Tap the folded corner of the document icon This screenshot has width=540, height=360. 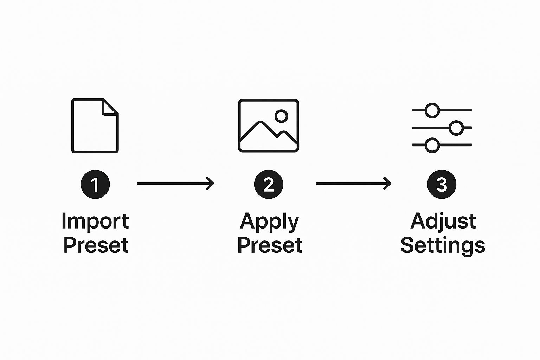coord(110,107)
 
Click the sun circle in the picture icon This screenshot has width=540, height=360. coord(281,116)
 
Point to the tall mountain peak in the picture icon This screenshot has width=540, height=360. coord(261,122)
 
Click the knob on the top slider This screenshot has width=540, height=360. coord(432,110)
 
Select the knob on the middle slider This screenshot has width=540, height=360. coord(456,128)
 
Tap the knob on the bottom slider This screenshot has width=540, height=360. coord(432,146)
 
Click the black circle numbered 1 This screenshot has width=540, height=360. coord(95,184)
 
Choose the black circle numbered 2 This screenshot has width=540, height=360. coord(269,184)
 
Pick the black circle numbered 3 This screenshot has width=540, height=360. coord(442,184)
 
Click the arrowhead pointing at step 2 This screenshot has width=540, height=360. coord(211,184)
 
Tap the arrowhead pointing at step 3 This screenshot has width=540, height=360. coord(387,184)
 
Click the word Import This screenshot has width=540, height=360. coord(95,222)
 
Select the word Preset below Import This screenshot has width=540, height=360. coord(96,245)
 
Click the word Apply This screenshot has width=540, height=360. coord(270,222)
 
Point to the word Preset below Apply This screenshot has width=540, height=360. coord(270,245)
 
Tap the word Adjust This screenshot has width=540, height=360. coord(443,222)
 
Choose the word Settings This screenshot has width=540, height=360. coord(443,246)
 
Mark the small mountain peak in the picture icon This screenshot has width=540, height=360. coord(284,133)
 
